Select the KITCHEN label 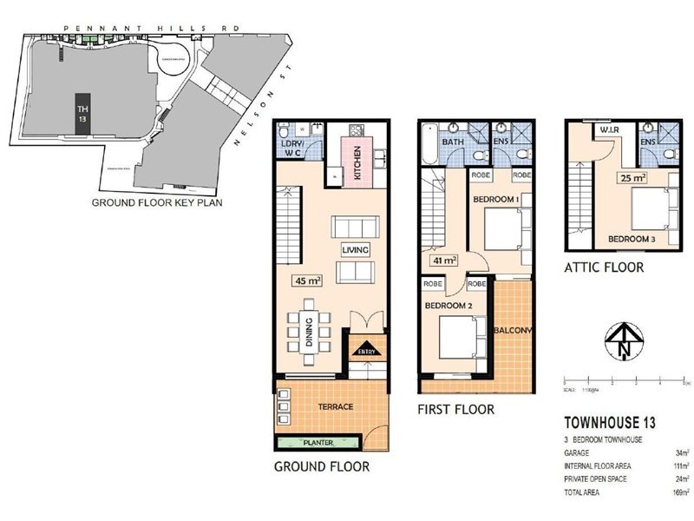(x=357, y=162)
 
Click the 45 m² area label (x=309, y=280)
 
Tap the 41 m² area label (x=443, y=260)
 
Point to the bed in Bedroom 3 (x=646, y=209)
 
